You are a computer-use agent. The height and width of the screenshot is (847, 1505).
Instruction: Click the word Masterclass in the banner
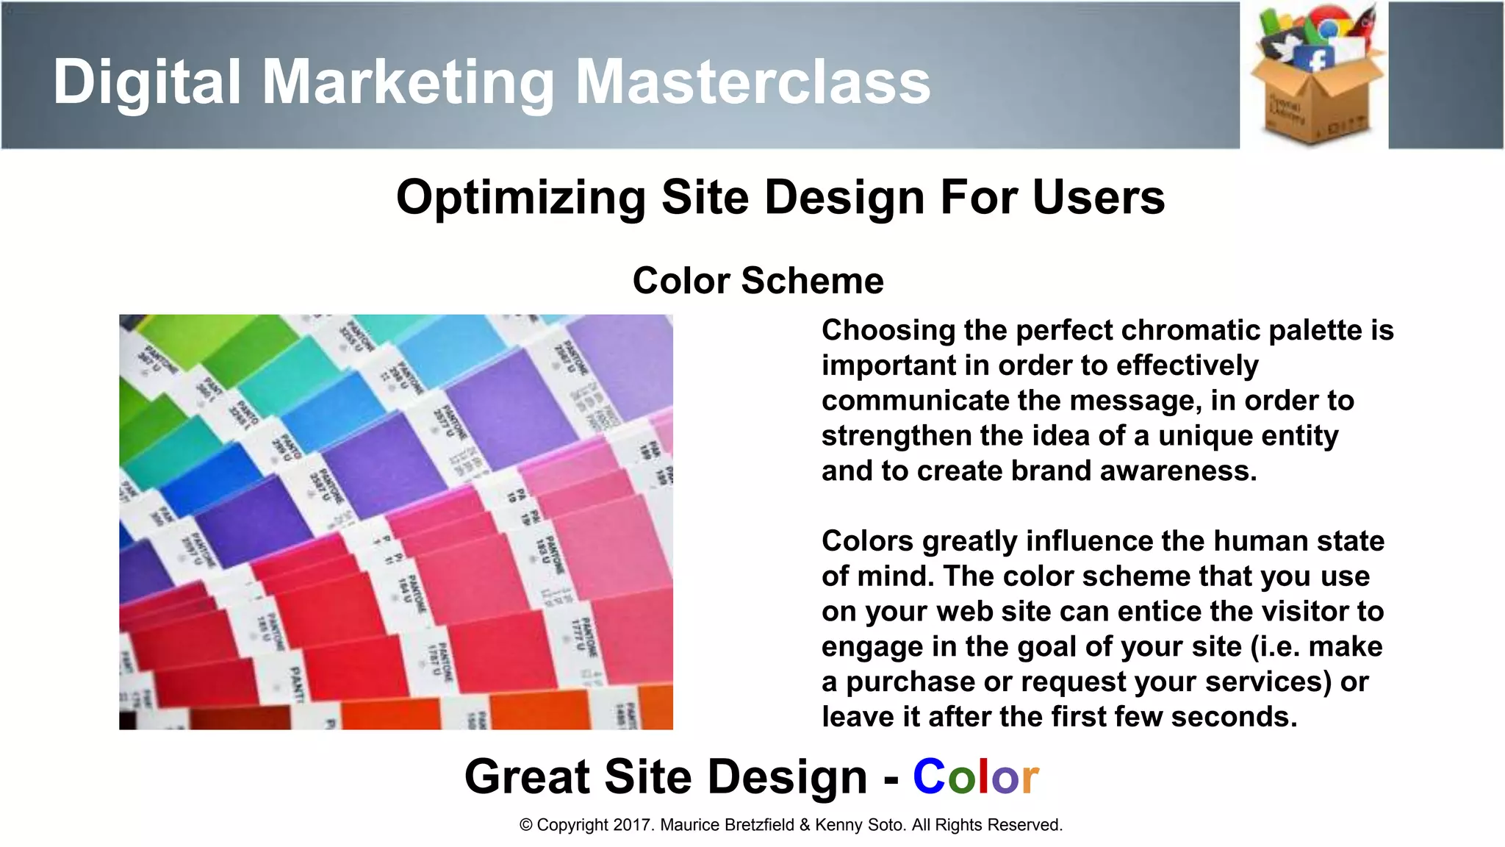[752, 82]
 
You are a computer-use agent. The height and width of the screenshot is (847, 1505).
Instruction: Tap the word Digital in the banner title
[146, 82]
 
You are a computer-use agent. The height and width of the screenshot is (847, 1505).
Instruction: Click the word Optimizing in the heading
[520, 198]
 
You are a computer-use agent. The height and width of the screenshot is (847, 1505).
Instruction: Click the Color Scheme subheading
[758, 281]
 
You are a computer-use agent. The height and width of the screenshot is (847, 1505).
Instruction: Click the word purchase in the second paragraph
[910, 682]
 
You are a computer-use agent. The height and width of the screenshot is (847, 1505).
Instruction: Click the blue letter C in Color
[929, 777]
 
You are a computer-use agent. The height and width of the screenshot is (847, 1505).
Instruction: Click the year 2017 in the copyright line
[633, 825]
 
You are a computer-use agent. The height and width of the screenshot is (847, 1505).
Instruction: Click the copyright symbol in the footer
[525, 825]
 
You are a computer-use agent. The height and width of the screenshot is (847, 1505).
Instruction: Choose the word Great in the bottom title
[528, 777]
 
